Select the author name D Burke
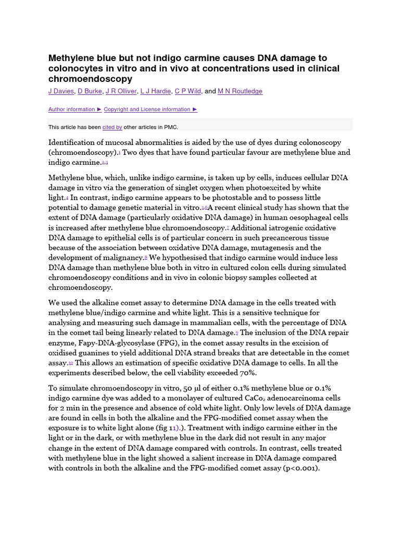click(x=90, y=91)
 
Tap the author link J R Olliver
click(x=121, y=91)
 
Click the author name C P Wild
click(x=187, y=91)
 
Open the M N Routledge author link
click(x=240, y=91)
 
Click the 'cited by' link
click(x=112, y=127)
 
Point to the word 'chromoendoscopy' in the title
click(x=90, y=79)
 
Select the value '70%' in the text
click(x=248, y=373)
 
